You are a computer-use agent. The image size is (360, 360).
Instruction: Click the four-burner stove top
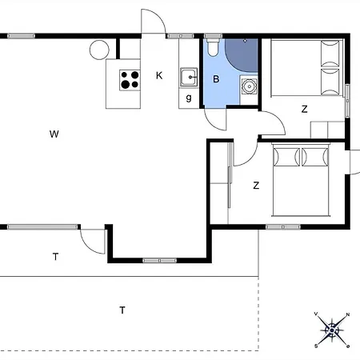click(x=130, y=80)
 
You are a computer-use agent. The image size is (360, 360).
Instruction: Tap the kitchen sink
click(x=189, y=78)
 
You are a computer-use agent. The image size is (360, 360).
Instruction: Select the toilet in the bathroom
click(x=213, y=48)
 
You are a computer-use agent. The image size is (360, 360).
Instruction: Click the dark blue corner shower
click(x=242, y=55)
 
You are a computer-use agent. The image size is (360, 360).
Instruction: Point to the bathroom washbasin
click(x=249, y=86)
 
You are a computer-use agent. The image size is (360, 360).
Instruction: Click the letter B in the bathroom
click(x=216, y=79)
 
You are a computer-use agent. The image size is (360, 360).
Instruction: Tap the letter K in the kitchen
click(x=159, y=76)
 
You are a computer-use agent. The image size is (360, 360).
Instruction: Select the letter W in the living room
click(x=54, y=134)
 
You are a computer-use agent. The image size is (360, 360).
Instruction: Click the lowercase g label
click(x=189, y=98)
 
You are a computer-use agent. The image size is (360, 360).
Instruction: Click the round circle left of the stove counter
click(x=99, y=50)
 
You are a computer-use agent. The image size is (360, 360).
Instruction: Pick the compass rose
click(x=332, y=330)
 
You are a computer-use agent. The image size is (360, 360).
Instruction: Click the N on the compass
click(x=348, y=314)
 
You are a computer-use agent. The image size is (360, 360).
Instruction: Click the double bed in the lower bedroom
click(x=301, y=179)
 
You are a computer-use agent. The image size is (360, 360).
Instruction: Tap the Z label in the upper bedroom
click(x=304, y=109)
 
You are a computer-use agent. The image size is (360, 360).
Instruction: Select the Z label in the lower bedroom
click(x=256, y=186)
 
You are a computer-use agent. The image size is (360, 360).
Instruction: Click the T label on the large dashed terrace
click(x=122, y=310)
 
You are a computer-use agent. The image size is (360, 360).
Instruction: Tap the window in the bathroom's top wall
click(x=213, y=36)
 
